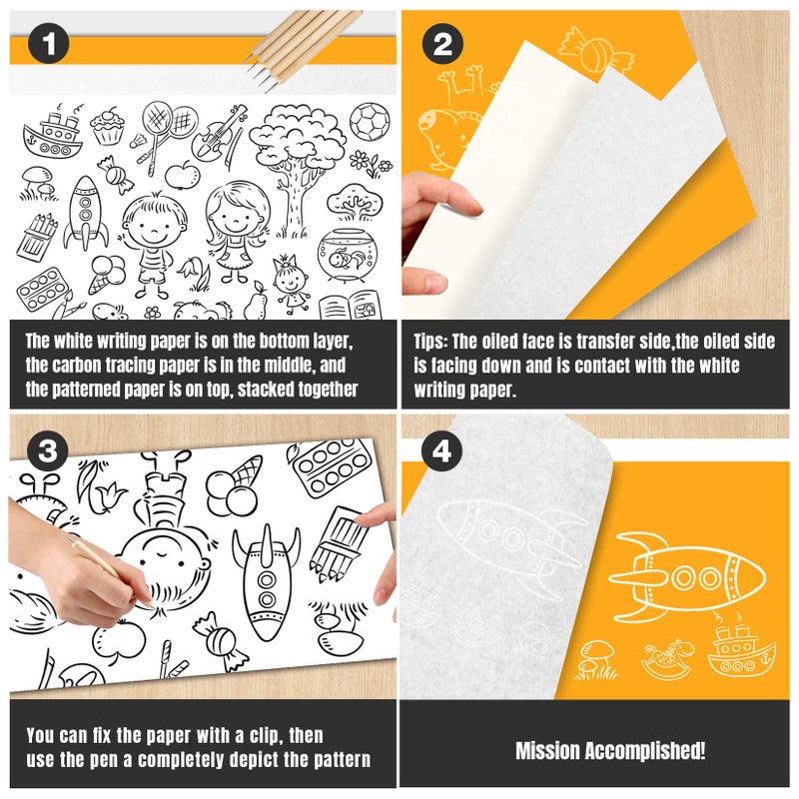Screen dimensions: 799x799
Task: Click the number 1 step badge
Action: point(48,43)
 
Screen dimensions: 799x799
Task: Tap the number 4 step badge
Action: point(441,451)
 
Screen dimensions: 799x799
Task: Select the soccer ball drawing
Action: point(370,121)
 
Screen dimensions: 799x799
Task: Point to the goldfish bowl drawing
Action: point(342,255)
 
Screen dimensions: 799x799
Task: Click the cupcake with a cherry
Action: point(108,126)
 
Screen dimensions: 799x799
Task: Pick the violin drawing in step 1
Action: point(218,133)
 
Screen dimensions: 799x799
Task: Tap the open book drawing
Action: point(351,306)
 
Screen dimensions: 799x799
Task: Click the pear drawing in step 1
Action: point(255,303)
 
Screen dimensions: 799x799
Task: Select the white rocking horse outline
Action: point(666,659)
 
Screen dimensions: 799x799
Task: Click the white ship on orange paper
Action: point(741,653)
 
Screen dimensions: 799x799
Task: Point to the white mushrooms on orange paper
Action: point(596,659)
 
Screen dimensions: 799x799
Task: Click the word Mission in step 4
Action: point(546,751)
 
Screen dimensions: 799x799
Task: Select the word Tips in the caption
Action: point(429,342)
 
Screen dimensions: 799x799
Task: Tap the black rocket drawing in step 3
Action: point(266,581)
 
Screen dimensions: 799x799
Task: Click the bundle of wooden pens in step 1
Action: point(304,47)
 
